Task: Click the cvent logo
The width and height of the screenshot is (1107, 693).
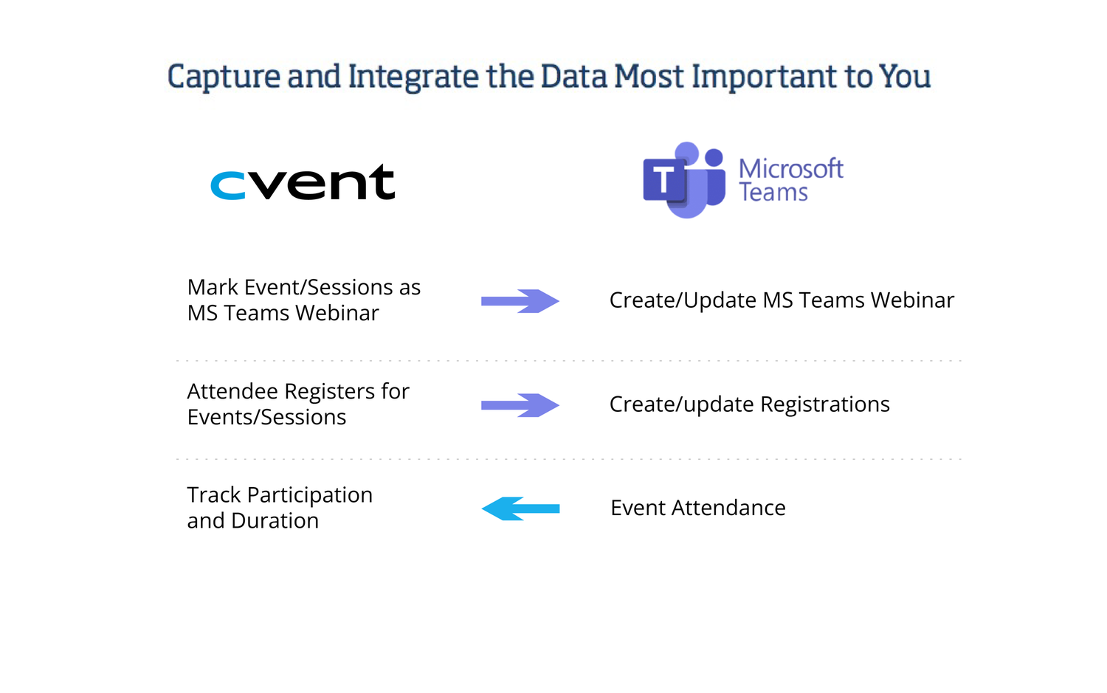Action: [303, 183]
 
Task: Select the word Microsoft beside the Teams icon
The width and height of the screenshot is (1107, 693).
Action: [790, 169]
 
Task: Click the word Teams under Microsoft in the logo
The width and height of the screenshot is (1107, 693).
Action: [773, 193]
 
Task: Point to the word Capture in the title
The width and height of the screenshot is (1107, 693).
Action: [224, 77]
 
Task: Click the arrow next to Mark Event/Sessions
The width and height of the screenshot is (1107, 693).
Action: [520, 301]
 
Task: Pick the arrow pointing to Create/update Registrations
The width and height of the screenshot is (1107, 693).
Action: [520, 405]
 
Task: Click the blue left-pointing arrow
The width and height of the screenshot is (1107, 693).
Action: [520, 508]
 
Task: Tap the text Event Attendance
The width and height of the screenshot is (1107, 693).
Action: [698, 508]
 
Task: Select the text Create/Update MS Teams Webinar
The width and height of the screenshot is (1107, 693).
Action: [782, 300]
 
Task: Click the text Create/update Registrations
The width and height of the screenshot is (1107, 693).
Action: [749, 404]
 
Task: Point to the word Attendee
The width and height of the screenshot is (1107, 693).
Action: [232, 391]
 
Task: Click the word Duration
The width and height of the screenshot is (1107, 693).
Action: [275, 521]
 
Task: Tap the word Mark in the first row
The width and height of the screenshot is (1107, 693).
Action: [213, 287]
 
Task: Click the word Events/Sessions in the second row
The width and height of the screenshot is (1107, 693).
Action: [266, 418]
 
